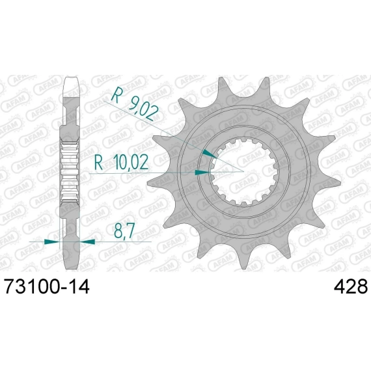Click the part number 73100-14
[x=48, y=286]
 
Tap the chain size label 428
[x=351, y=286]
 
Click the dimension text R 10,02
[x=122, y=162]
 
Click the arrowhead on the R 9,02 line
[x=210, y=154]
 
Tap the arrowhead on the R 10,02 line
[x=202, y=172]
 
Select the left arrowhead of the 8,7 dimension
[x=51, y=241]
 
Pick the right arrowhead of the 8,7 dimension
[x=87, y=241]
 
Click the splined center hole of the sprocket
[x=244, y=172]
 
